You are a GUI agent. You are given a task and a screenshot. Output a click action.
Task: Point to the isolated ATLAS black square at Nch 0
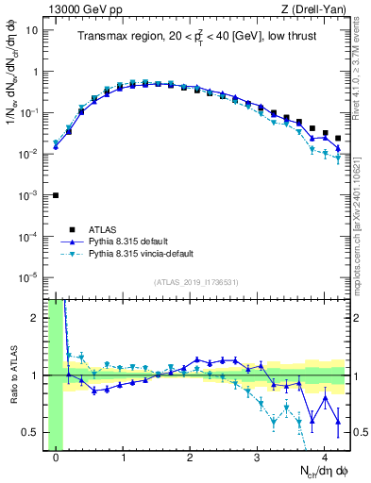[x=56, y=195]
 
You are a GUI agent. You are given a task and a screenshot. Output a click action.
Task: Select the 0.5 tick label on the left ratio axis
[x=28, y=433]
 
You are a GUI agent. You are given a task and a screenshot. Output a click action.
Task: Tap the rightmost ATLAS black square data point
[x=338, y=139]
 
